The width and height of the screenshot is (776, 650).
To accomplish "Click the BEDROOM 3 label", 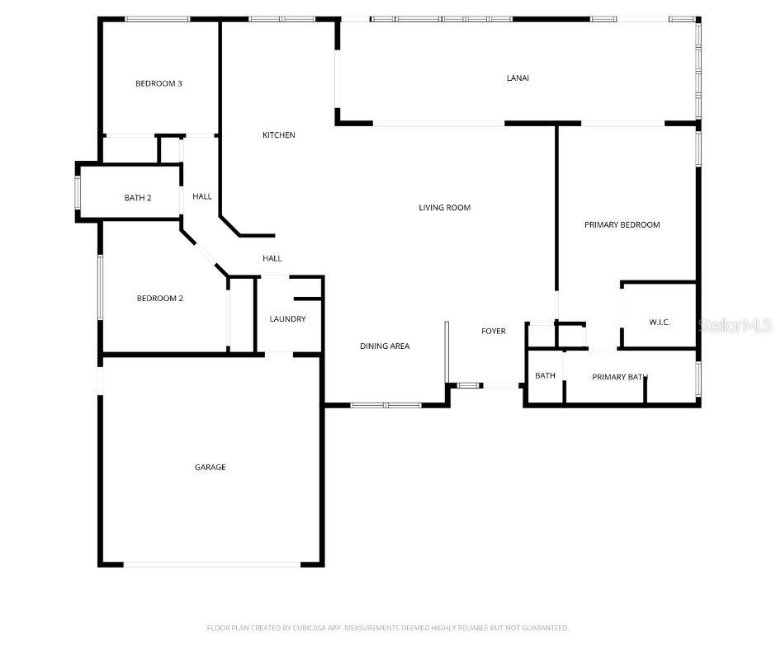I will coord(159,83).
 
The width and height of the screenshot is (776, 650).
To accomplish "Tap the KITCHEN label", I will coord(278,135).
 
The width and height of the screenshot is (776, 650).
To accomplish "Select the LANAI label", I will coord(518,78).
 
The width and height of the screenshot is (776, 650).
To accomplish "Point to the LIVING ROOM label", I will coord(444,208).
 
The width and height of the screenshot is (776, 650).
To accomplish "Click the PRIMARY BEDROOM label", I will coord(622,224).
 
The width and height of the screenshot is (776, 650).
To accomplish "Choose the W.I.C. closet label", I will coord(659,322).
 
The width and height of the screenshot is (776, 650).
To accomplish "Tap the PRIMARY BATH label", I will coord(619,377).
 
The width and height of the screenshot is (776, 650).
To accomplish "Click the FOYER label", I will coord(494,332).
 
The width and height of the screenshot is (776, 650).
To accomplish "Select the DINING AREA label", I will coord(385,346).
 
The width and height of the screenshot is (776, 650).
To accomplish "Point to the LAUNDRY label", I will coord(287,319).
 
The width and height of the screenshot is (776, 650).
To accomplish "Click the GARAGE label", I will coord(210,468).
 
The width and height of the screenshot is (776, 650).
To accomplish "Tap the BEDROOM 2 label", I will coord(159,299).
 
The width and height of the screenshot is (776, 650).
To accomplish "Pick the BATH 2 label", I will coord(138,198).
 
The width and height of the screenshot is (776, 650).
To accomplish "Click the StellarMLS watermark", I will coord(735,326).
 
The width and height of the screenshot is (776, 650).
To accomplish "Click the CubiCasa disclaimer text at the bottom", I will coord(387,629).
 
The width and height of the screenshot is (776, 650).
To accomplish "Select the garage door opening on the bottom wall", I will coord(212,564).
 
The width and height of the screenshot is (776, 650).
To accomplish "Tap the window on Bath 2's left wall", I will coord(78,192).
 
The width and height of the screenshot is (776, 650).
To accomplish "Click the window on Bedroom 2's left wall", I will coord(101,287).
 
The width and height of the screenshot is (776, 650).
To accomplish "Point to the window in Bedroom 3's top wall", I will coord(157,19).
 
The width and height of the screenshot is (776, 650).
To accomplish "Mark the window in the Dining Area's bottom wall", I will coord(386,405).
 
